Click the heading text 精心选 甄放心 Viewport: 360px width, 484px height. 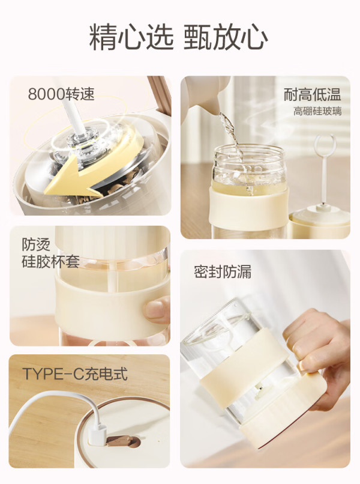(x=178, y=38)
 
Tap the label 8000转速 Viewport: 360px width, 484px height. (x=61, y=94)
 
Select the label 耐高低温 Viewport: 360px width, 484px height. (x=312, y=94)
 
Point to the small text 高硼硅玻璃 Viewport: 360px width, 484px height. (x=317, y=111)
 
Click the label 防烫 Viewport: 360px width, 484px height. (x=36, y=244)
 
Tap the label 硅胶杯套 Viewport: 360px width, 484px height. (x=50, y=261)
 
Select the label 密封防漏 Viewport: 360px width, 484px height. (x=223, y=271)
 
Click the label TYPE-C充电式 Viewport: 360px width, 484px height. (x=75, y=374)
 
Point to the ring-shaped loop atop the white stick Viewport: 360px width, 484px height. (x=324, y=145)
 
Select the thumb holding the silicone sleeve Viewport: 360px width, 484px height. (x=157, y=310)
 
